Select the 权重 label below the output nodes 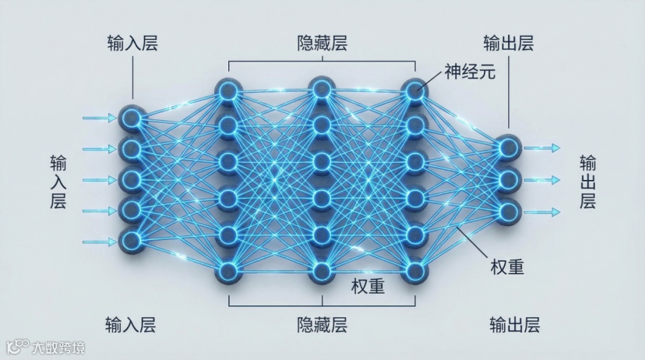click(507, 266)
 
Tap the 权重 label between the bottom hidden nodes click(367, 286)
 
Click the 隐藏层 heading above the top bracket click(322, 43)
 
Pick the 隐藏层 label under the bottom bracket click(322, 324)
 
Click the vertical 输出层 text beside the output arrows click(588, 182)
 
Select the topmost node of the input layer click(132, 118)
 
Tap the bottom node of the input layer click(132, 239)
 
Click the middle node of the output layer click(508, 180)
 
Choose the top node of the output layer click(508, 148)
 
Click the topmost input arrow click(99, 118)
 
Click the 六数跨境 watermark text click(56, 347)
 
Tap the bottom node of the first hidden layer click(227, 270)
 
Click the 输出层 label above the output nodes click(508, 43)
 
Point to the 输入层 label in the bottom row click(131, 324)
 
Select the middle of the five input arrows click(99, 180)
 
